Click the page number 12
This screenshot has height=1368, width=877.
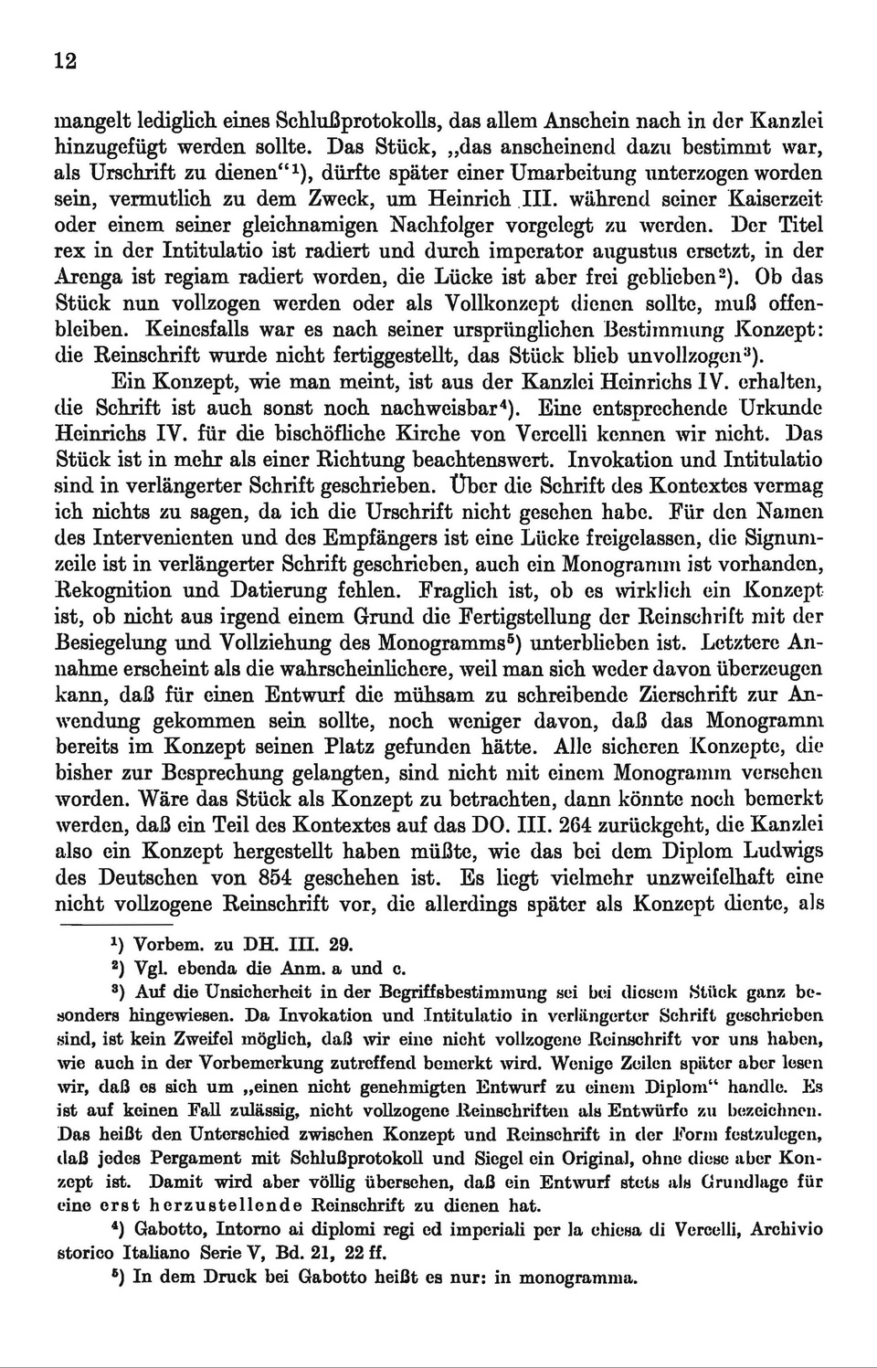tap(65, 61)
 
